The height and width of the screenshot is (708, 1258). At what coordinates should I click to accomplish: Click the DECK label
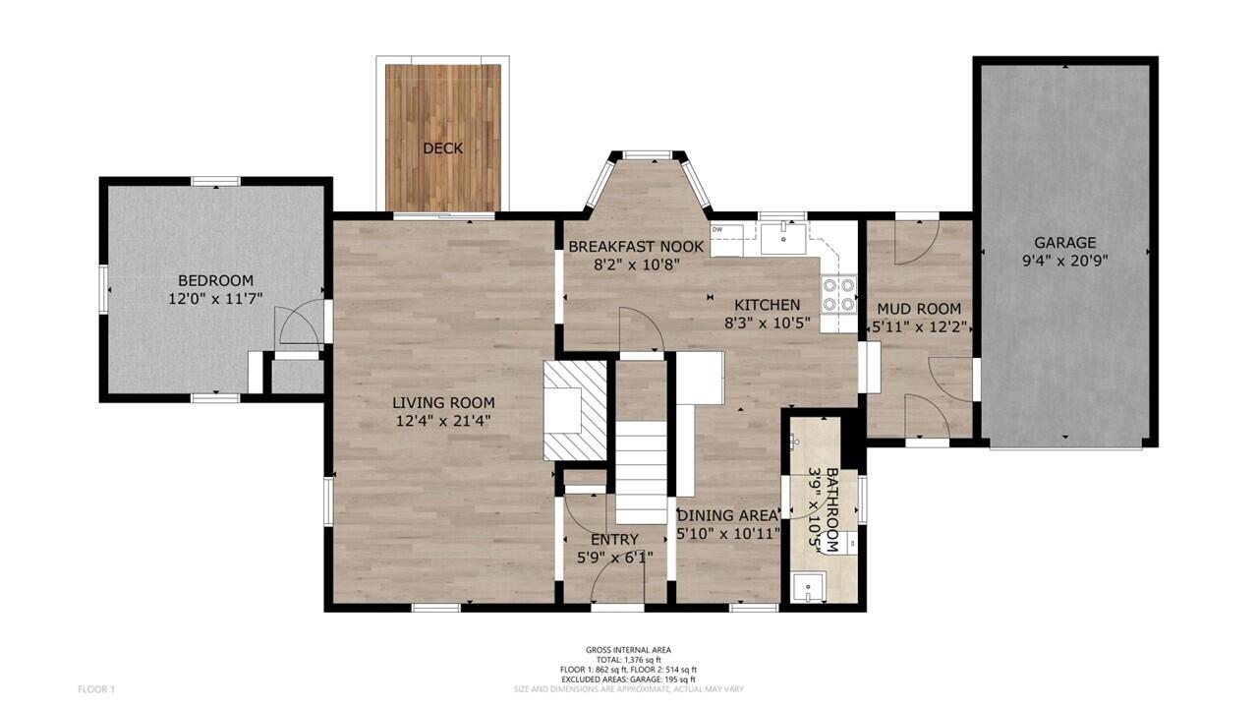pos(442,148)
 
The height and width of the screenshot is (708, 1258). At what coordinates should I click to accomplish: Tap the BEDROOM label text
pos(215,280)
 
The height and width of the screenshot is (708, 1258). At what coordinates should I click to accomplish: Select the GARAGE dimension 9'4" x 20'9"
pos(1064,262)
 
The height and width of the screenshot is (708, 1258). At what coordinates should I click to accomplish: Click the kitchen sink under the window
pos(782,237)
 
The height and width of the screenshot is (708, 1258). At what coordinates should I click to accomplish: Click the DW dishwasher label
pos(717,230)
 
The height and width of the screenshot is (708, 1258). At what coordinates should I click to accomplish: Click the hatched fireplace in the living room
pos(576,410)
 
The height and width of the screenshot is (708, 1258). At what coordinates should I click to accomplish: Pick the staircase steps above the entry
pos(642,472)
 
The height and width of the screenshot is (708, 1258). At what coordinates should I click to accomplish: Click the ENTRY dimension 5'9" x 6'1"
pos(614,558)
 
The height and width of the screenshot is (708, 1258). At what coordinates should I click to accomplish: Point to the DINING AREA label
pos(728,514)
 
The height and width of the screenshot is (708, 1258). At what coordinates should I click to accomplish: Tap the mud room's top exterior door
pos(917,239)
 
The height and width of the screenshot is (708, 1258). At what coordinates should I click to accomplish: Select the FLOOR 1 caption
pos(96,689)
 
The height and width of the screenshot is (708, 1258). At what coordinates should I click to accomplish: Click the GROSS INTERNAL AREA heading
pos(629,650)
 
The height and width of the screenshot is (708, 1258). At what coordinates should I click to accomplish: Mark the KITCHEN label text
pos(762,305)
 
